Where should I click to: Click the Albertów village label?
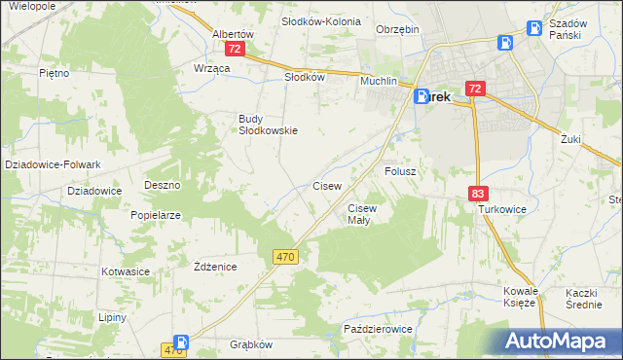click(233, 32)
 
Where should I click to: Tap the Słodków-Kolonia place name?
click(320, 20)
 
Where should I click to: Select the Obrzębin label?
click(397, 29)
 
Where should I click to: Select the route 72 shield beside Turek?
click(474, 89)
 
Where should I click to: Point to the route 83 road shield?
click(477, 194)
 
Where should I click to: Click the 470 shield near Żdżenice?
click(285, 256)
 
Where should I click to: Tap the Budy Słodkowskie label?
click(268, 125)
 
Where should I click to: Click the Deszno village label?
click(163, 184)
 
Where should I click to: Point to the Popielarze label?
click(156, 215)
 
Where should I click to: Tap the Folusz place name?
click(400, 171)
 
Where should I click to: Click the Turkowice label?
click(501, 209)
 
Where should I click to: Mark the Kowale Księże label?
click(520, 297)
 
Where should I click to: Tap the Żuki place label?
click(570, 139)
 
